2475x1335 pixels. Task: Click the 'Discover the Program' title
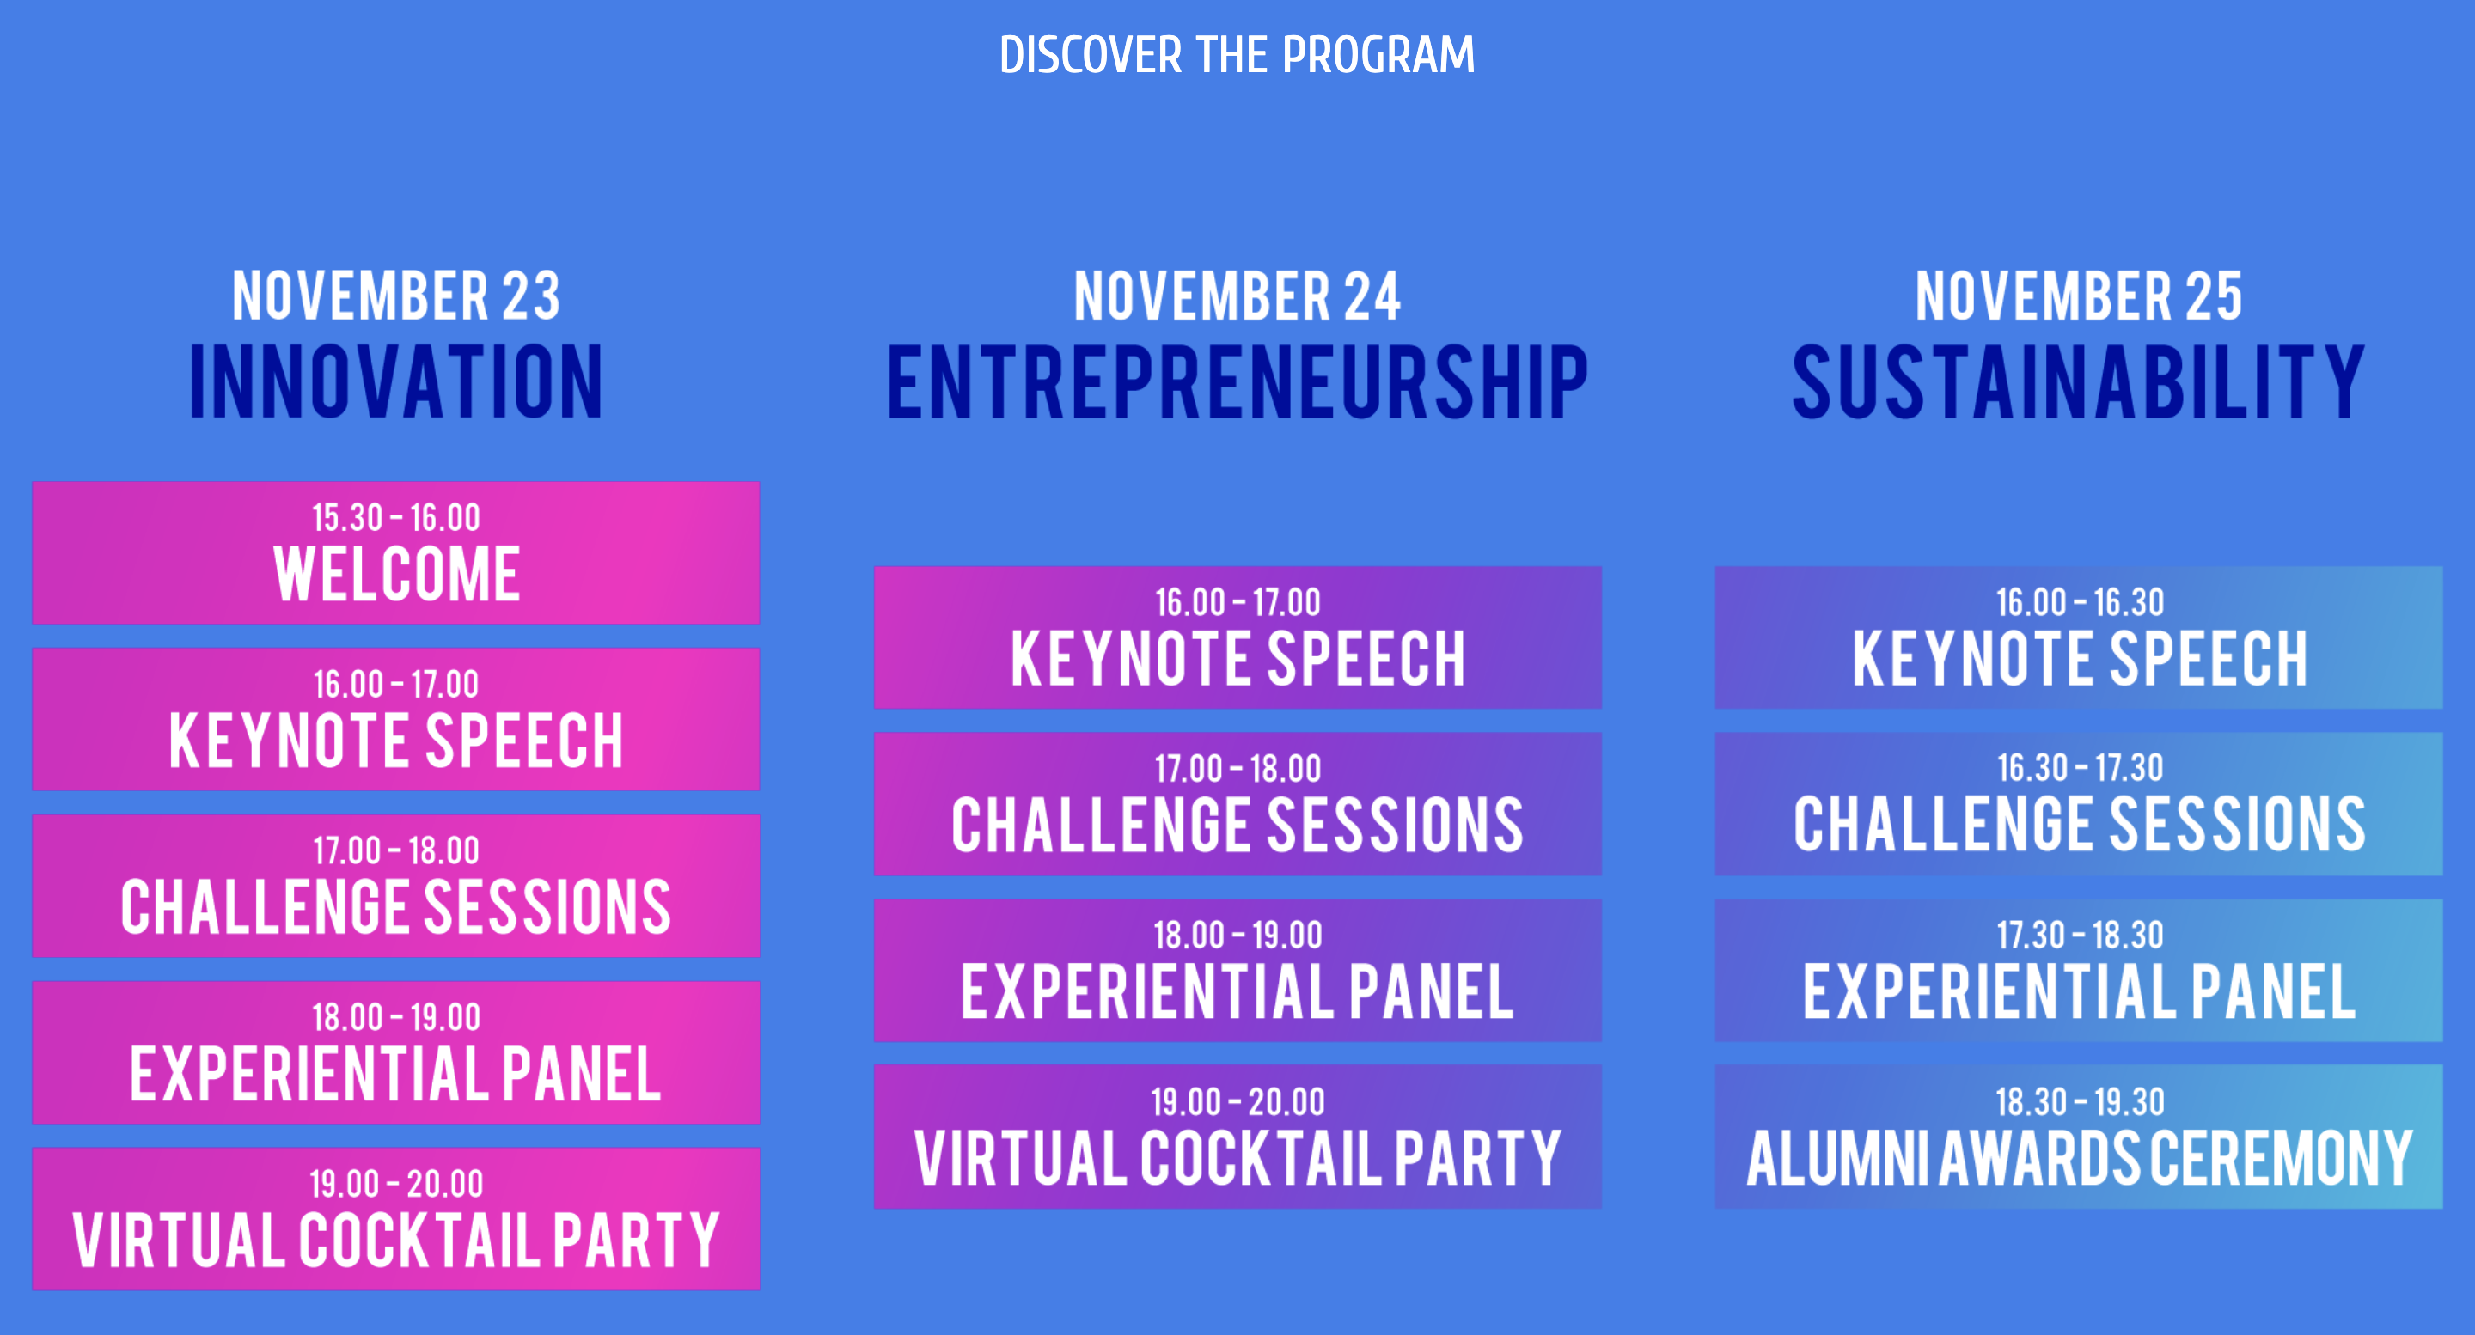(x=1237, y=55)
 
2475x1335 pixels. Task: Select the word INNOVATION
(x=396, y=381)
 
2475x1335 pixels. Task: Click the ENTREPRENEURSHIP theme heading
(x=1237, y=381)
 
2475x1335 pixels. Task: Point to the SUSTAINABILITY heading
(x=2078, y=381)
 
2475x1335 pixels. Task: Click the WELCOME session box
(x=396, y=552)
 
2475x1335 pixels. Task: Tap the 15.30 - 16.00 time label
(x=396, y=518)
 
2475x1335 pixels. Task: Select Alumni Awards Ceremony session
(x=2078, y=1137)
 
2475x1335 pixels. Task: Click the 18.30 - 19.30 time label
(x=2079, y=1101)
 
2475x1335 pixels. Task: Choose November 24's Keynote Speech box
(x=1237, y=637)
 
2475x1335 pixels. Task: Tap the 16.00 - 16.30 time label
(x=2079, y=602)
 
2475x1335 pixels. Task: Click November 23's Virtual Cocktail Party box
(x=396, y=1218)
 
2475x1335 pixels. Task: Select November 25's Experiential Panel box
(x=2078, y=970)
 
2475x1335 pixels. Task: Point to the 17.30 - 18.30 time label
(x=2079, y=935)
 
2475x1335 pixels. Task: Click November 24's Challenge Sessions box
(x=1237, y=804)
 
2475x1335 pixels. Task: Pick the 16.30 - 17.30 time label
(x=2079, y=767)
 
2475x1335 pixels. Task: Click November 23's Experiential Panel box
(x=396, y=1052)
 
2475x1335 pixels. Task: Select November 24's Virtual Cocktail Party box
(x=1237, y=1137)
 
